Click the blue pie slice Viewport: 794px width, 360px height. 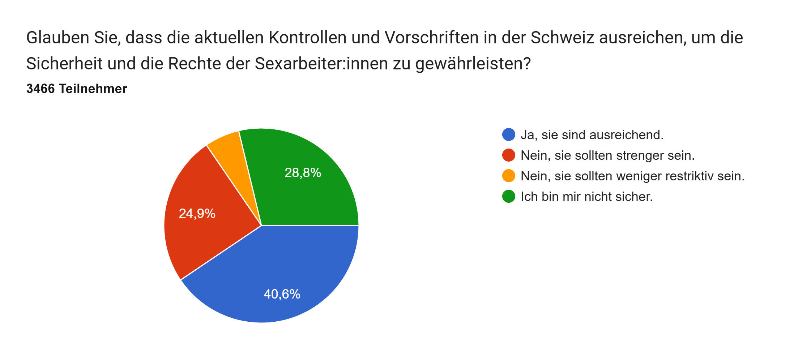[x=275, y=275]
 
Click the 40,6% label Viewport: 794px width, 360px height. [x=282, y=294]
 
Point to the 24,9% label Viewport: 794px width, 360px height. [x=197, y=214]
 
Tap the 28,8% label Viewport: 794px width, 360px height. [x=303, y=173]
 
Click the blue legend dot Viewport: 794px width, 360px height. [x=509, y=134]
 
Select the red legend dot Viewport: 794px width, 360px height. [x=509, y=155]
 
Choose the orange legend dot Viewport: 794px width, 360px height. [x=509, y=176]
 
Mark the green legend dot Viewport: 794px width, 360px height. [x=509, y=196]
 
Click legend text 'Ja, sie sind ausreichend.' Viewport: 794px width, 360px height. [x=592, y=135]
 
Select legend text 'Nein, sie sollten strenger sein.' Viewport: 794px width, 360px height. [x=607, y=155]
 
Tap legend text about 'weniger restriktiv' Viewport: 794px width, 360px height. [x=632, y=176]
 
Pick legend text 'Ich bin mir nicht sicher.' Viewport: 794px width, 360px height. [x=586, y=197]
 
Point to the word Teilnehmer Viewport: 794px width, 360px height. [x=93, y=89]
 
